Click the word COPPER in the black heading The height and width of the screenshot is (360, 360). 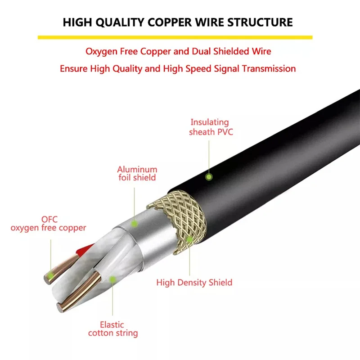tap(170, 22)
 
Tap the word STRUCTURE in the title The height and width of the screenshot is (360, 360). tap(260, 22)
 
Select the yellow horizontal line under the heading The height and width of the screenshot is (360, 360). tap(175, 37)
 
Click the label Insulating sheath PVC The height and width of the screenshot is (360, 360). tap(211, 127)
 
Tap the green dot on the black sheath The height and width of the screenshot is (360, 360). tap(209, 177)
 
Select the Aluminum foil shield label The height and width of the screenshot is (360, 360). tap(137, 173)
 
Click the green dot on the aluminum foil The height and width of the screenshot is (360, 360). tap(134, 223)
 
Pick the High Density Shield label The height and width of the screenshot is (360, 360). tap(194, 283)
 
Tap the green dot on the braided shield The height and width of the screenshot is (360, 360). tap(189, 239)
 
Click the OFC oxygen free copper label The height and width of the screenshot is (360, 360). tap(48, 223)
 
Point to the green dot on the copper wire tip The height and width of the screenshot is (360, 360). tap(50, 275)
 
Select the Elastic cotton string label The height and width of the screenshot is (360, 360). tap(113, 329)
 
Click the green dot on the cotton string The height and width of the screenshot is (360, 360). tap(112, 279)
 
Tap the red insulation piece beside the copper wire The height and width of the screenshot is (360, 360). tap(84, 250)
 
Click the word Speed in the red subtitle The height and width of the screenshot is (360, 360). tap(198, 69)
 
